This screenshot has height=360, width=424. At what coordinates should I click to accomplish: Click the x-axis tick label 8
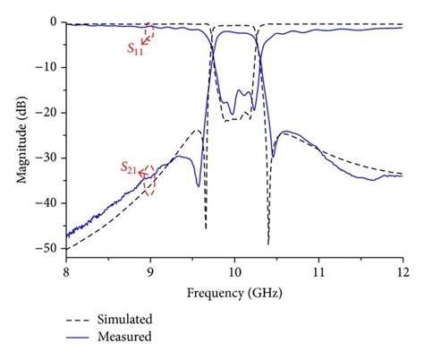point(66,269)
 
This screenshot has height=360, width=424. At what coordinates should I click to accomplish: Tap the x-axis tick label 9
point(150,269)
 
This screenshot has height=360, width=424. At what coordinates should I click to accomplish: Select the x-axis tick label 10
point(234,269)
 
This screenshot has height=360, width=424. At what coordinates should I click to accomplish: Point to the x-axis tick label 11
point(318,269)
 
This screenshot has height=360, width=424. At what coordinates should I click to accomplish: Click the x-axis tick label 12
point(402,269)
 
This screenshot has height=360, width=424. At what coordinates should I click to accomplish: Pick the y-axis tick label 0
point(55,21)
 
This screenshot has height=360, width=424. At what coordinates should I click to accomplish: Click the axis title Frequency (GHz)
point(234,292)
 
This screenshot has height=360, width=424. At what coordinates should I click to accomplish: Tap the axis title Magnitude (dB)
point(20,135)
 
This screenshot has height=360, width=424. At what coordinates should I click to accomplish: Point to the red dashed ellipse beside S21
point(149,180)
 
